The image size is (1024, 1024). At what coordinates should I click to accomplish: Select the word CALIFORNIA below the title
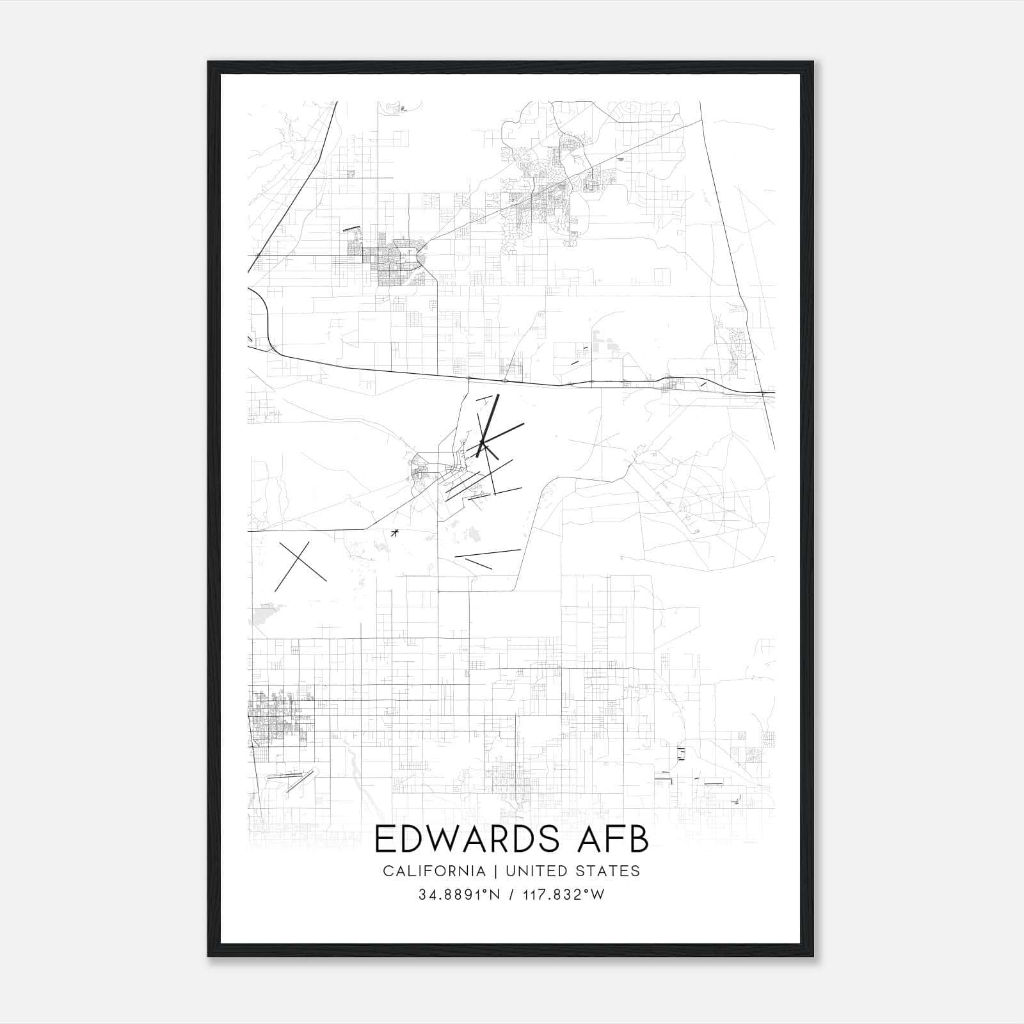[434, 871]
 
